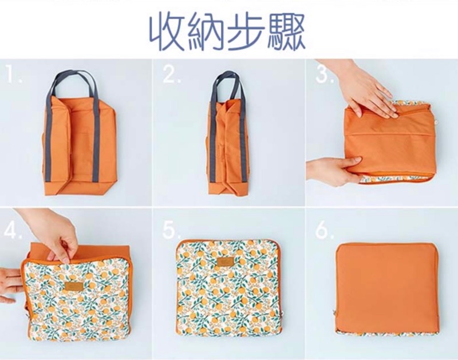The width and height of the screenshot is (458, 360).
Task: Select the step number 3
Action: pos(324,74)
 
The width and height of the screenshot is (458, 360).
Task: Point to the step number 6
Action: pos(324,231)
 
